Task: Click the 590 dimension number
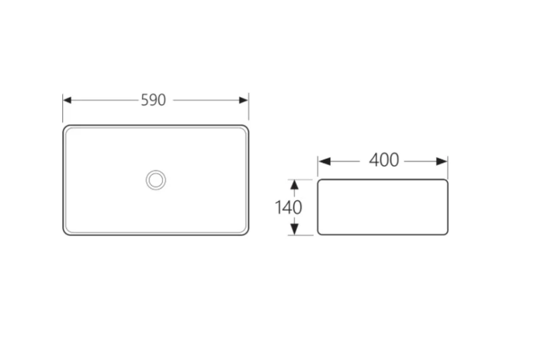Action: (153, 100)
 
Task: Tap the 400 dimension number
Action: (384, 160)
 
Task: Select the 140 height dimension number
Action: (288, 208)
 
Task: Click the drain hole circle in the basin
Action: (156, 180)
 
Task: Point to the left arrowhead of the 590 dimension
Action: (67, 100)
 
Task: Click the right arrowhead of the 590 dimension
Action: (244, 100)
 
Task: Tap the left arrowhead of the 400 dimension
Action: (324, 162)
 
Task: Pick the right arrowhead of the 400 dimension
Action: (442, 162)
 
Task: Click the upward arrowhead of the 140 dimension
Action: (294, 184)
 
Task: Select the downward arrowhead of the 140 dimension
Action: (294, 229)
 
